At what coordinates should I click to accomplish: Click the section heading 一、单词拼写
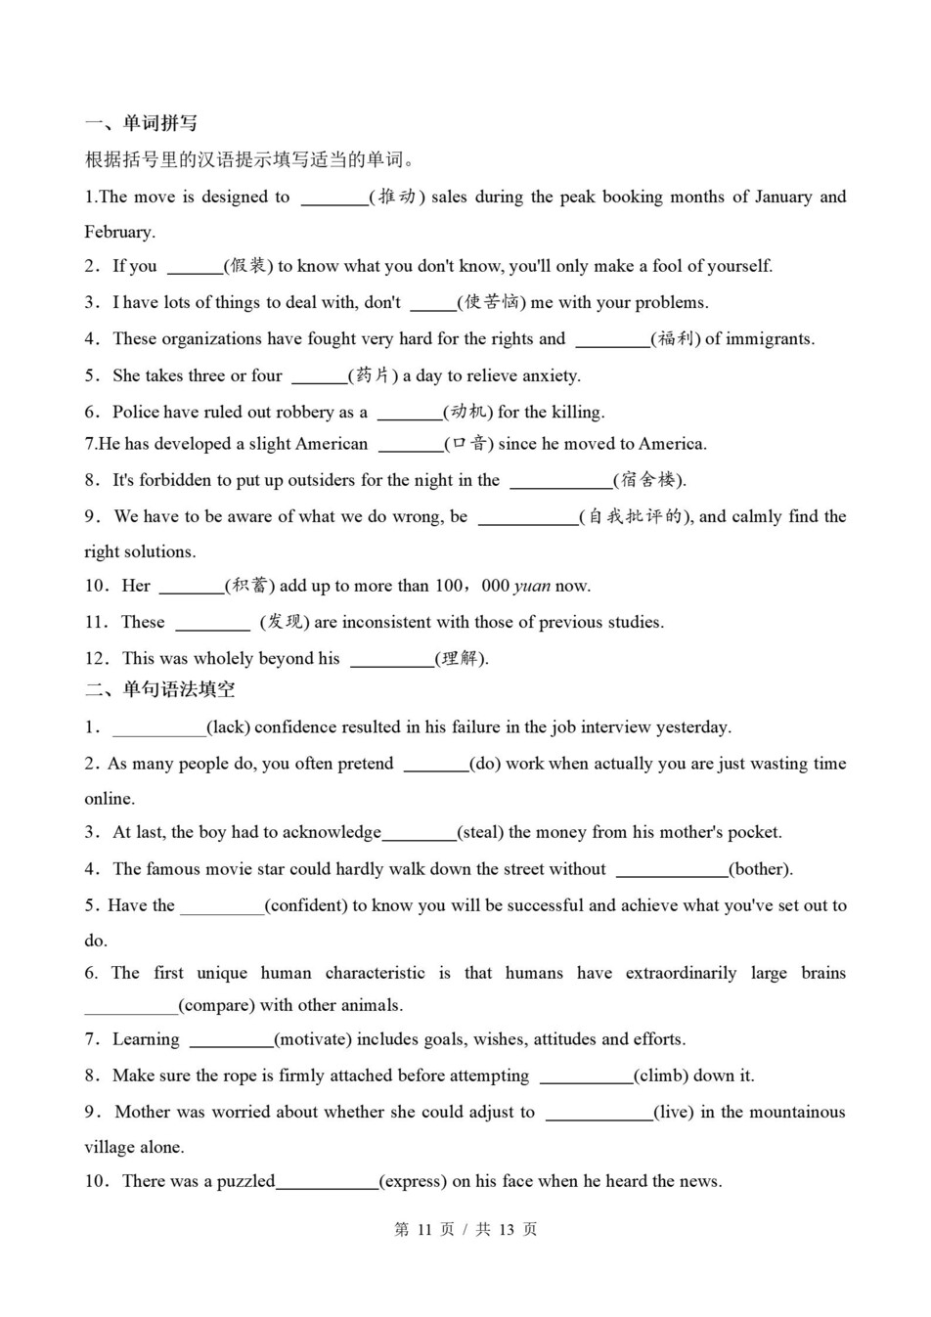[141, 123]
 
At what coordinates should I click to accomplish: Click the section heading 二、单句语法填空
[159, 689]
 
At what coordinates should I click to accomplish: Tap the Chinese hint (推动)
[396, 197]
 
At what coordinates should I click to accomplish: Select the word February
[119, 232]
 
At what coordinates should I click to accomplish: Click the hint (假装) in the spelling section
[247, 266]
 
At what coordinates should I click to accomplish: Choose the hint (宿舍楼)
[649, 480]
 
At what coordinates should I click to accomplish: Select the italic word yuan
[532, 586]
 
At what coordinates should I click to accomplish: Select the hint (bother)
[760, 869]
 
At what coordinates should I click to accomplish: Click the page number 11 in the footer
[424, 1229]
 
